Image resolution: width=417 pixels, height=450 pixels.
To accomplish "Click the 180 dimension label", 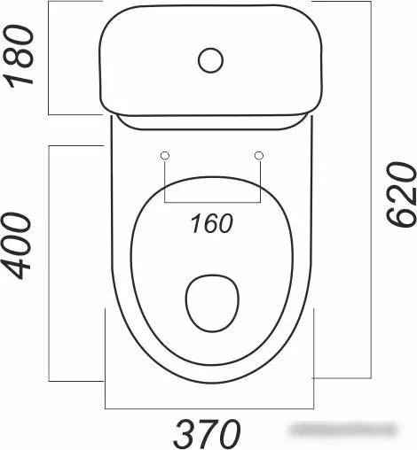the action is click(19, 57).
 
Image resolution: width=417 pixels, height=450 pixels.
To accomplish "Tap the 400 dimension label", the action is click(16, 246).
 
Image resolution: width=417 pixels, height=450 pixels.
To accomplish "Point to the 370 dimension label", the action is click(207, 434).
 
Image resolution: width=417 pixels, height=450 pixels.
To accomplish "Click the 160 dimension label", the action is click(211, 223).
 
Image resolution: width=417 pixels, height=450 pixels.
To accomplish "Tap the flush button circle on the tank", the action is click(210, 60).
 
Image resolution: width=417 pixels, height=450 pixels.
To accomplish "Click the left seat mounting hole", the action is click(165, 155).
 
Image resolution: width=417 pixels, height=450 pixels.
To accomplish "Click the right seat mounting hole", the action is click(259, 155).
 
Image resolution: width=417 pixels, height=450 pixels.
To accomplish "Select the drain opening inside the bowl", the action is click(212, 303).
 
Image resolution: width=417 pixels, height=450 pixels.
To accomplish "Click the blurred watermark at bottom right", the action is click(343, 430).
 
